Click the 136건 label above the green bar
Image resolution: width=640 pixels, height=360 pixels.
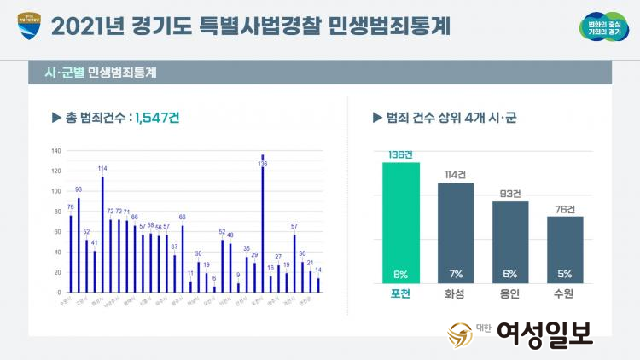[401, 154]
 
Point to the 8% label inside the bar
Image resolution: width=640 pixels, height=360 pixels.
[401, 274]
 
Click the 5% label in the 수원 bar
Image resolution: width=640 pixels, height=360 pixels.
[565, 274]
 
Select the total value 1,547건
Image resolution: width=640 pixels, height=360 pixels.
[157, 119]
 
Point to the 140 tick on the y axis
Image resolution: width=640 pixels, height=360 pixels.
[56, 151]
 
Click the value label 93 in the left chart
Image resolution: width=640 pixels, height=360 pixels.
[79, 189]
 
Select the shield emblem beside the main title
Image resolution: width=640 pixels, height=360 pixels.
[28, 27]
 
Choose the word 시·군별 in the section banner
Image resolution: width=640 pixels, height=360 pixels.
[65, 73]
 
